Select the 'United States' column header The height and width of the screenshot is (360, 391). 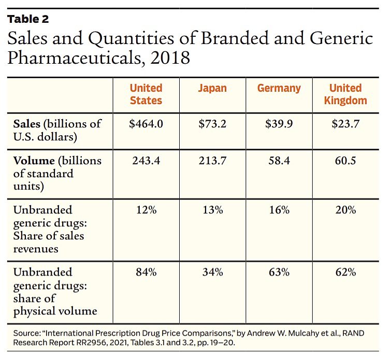[x=146, y=94]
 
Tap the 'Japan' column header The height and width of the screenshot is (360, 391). [x=212, y=88]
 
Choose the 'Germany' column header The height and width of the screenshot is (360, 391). [x=279, y=88]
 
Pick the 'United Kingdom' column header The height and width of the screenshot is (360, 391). [x=345, y=94]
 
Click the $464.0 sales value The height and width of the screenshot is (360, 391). [x=146, y=124]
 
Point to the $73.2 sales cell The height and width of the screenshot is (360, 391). [x=212, y=124]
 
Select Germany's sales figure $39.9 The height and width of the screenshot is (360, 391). [x=279, y=124]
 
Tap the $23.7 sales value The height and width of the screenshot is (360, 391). [x=345, y=124]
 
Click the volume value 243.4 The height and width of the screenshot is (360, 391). [x=146, y=161]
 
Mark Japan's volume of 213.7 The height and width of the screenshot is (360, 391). [x=212, y=161]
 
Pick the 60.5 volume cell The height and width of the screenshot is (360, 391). [x=345, y=161]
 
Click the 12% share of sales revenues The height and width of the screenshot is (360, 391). [x=146, y=210]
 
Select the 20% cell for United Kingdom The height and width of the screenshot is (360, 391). [x=345, y=210]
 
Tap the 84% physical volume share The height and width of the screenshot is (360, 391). [x=146, y=272]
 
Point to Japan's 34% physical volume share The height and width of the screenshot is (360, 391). [x=212, y=272]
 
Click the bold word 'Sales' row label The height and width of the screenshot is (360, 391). [x=27, y=124]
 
